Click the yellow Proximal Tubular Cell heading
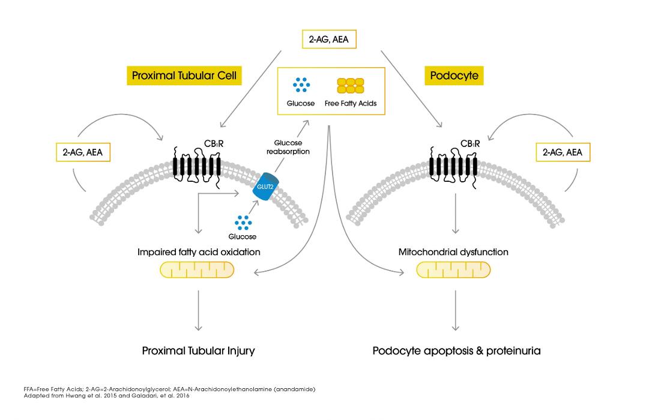[184, 76]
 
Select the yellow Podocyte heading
[454, 76]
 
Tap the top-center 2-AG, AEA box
[329, 39]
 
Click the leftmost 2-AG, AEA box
[83, 152]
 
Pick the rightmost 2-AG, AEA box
[563, 152]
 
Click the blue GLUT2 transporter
[265, 187]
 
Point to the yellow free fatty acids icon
[351, 86]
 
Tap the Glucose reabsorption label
[288, 147]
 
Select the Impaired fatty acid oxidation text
[199, 252]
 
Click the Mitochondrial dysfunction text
[453, 252]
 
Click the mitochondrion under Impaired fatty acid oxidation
[197, 270]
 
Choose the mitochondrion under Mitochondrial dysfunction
[453, 270]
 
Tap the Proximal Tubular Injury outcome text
[199, 351]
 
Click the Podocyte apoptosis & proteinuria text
[456, 351]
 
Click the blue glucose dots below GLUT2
[243, 223]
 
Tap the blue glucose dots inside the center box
[301, 85]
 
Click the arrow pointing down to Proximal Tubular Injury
[199, 310]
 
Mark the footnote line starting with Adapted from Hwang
[107, 395]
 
